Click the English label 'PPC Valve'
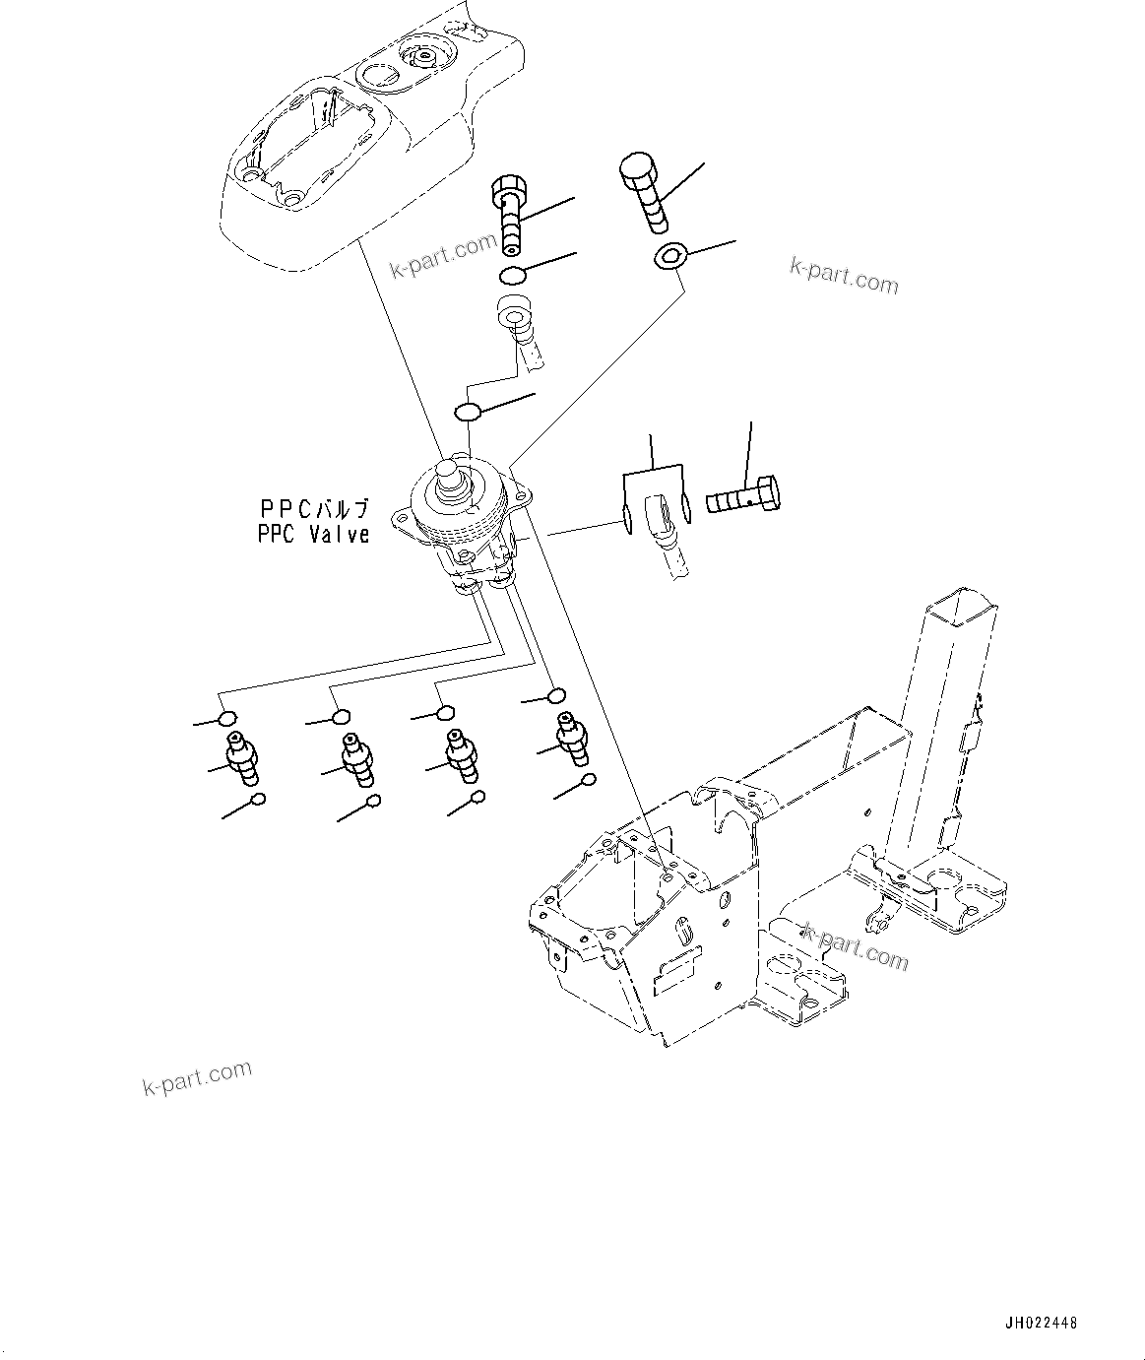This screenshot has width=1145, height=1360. tap(313, 535)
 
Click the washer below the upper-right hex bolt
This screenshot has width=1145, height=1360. tap(669, 257)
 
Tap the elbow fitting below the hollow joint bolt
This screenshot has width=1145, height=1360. tap(519, 329)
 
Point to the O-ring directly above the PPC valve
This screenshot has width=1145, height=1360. tap(469, 411)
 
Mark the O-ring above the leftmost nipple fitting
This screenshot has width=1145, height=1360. tap(227, 718)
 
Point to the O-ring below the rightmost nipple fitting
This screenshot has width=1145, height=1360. tap(588, 780)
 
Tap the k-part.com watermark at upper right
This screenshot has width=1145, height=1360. tap(844, 275)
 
